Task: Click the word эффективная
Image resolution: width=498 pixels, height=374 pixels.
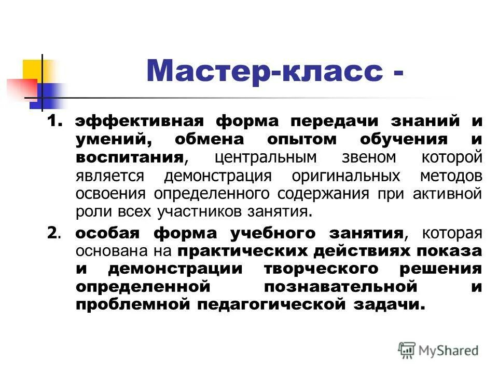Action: click(137, 122)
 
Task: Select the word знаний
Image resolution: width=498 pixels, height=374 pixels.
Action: click(427, 122)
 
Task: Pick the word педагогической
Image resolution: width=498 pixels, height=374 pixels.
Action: click(271, 304)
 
